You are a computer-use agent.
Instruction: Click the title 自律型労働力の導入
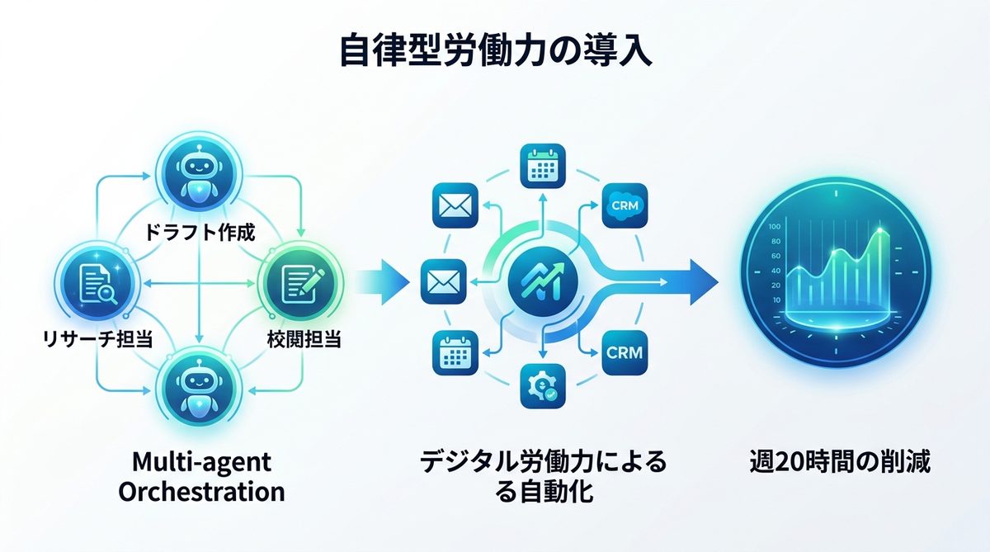pyautogui.click(x=495, y=51)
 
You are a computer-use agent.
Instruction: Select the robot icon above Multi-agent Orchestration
pyautogui.click(x=199, y=385)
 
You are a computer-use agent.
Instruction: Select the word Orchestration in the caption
pyautogui.click(x=201, y=492)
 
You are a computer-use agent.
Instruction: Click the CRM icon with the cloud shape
pyautogui.click(x=624, y=203)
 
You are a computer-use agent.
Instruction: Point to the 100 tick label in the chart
pyautogui.click(x=774, y=227)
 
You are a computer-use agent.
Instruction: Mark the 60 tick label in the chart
pyautogui.click(x=775, y=257)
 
